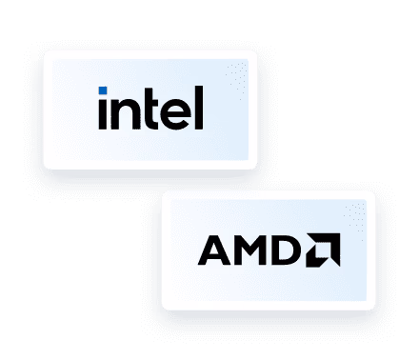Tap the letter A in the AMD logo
tap(212, 250)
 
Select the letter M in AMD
tap(246, 250)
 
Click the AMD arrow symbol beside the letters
tap(321, 250)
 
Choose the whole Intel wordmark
tap(150, 109)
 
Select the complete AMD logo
tap(269, 250)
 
